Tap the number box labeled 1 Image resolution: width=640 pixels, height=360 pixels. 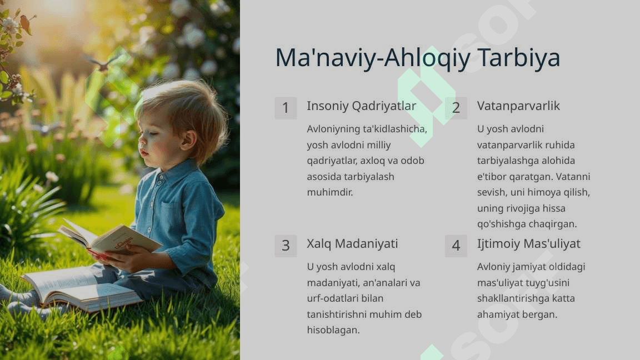click(x=286, y=108)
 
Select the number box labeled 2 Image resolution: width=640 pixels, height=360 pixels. click(x=456, y=108)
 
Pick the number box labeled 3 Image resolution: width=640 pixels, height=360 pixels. click(x=286, y=246)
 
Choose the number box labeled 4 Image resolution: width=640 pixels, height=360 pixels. click(x=456, y=246)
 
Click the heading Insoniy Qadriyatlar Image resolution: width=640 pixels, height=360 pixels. click(x=361, y=106)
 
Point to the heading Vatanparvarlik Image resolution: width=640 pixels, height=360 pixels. click(x=518, y=106)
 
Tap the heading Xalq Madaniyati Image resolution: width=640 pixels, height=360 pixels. click(x=352, y=244)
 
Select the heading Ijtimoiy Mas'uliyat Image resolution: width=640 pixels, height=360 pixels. click(x=528, y=244)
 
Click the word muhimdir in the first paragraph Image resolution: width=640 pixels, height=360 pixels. click(x=330, y=192)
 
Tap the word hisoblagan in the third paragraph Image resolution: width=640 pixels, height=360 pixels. click(x=333, y=330)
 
